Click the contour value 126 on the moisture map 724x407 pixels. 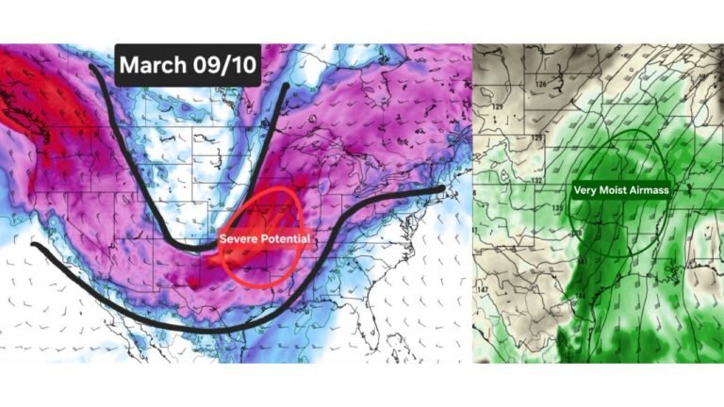tap(540, 86)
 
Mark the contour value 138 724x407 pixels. tap(577, 232)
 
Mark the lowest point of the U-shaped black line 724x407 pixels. tap(203, 247)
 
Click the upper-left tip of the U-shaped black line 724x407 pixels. tap(91, 66)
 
